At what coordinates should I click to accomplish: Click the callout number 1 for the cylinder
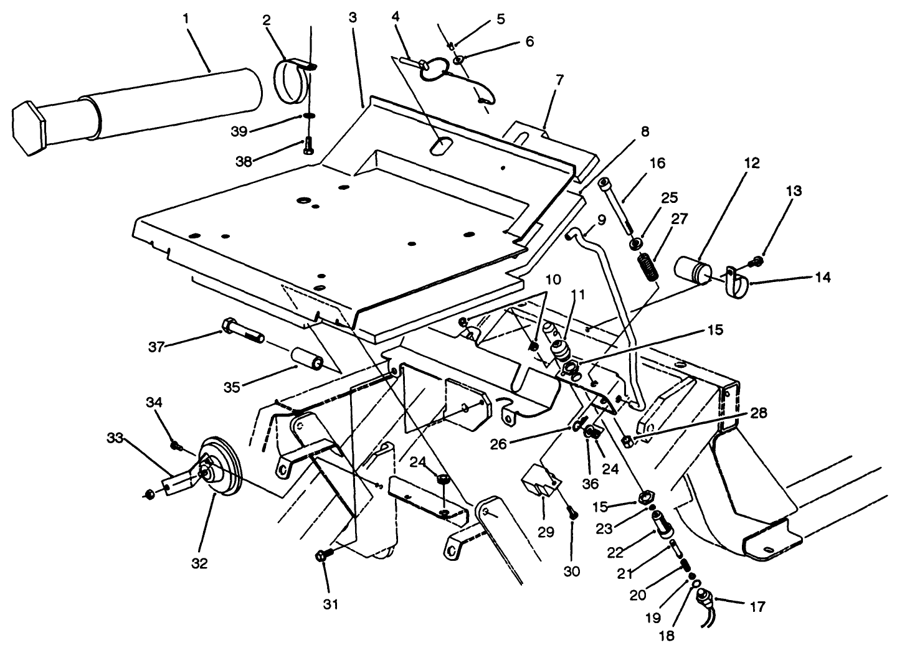[186, 19]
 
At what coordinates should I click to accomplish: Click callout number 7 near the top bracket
[559, 80]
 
